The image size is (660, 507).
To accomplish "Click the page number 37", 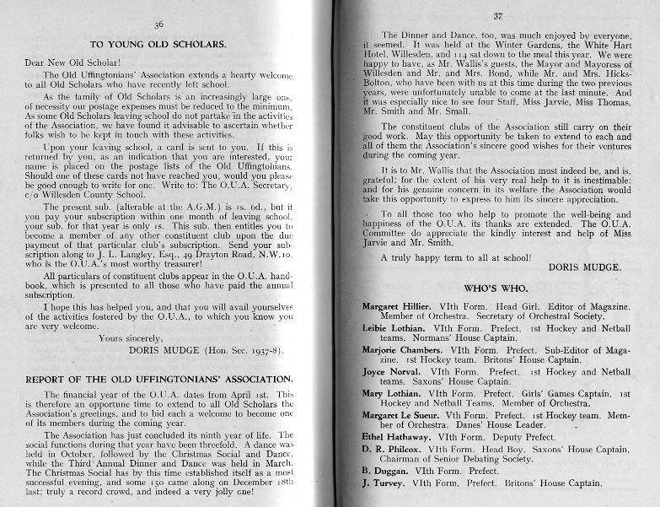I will (x=496, y=15).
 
